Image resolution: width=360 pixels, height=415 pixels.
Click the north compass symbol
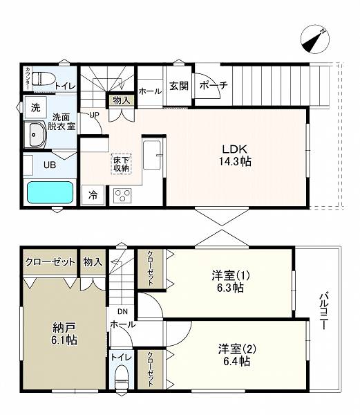315,39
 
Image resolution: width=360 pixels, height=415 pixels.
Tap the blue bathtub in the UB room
50,192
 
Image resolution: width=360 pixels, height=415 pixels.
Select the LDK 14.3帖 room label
235,155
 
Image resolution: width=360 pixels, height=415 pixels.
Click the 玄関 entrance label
179,86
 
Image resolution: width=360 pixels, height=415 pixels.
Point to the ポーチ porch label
214,85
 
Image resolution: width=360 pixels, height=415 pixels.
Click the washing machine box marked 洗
36,107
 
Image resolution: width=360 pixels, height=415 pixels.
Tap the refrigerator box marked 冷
93,195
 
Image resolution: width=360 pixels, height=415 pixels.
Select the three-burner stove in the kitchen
122,196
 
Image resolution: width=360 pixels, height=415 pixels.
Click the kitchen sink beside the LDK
152,155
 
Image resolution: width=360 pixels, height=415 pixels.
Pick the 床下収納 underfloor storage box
122,164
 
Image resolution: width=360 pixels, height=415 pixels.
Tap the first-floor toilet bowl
44,79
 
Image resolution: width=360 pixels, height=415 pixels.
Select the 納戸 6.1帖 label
64,333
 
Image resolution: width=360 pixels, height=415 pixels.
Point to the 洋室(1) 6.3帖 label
231,282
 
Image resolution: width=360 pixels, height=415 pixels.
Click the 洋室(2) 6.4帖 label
237,355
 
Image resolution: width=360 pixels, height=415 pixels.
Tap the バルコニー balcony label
323,311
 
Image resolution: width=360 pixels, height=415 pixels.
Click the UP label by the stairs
94,115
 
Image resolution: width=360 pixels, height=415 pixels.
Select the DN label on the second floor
122,311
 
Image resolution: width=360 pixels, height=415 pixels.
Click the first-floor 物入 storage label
122,100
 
